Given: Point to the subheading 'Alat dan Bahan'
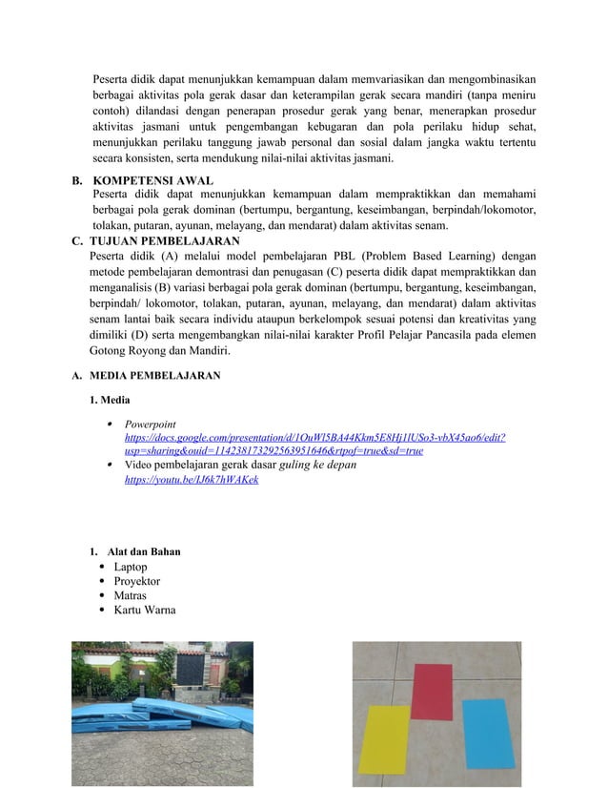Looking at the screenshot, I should (x=144, y=552).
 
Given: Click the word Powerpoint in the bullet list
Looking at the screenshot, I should (x=150, y=423).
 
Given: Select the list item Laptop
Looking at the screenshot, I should (x=131, y=568).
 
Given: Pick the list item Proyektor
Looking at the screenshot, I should (x=137, y=582).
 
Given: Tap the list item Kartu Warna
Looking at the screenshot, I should (x=145, y=611).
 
